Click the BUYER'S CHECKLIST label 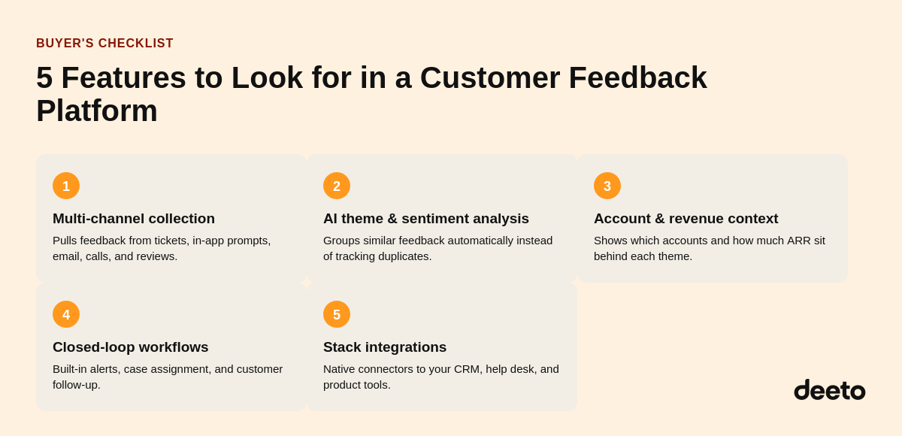[104, 43]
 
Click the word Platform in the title [97, 111]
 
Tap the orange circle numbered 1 [66, 186]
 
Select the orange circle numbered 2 [337, 186]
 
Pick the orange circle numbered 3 [607, 186]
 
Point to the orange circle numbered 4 [66, 314]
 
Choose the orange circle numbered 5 [337, 314]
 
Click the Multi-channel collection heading [134, 219]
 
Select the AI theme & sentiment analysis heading [426, 219]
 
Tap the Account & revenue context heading [686, 219]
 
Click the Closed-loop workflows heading [131, 347]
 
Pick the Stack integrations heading [385, 347]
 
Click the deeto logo [830, 389]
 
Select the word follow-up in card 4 [77, 386]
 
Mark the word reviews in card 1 [156, 256]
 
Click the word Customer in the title [490, 77]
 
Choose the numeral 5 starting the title [44, 77]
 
